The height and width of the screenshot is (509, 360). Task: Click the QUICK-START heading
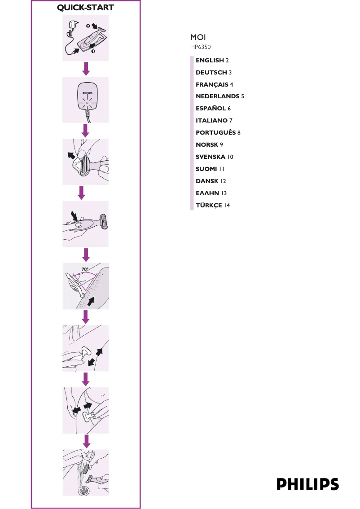pos(86,8)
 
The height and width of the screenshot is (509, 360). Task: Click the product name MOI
pos(198,37)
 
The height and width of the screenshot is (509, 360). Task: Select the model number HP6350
pos(200,46)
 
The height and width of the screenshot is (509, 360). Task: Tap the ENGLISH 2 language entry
pos(212,60)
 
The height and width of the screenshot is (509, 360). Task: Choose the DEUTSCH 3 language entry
pos(213,72)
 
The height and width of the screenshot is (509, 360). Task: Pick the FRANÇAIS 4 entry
pos(214,84)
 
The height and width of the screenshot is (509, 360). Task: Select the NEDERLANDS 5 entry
pos(220,97)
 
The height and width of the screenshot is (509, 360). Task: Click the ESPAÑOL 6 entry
pos(213,109)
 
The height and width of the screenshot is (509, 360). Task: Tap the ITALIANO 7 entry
pos(214,121)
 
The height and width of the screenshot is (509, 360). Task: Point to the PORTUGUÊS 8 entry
pos(218,133)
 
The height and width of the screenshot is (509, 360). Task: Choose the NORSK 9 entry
pos(209,145)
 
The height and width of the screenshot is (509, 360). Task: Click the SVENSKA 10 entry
pos(214,157)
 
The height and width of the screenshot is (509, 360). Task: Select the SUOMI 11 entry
pos(210,169)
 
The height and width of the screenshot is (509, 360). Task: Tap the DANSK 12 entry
pos(211,181)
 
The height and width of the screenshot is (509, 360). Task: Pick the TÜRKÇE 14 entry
pos(212,206)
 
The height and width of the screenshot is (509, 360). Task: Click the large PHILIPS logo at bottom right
pos(307,484)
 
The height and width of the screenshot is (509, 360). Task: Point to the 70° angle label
pos(85,269)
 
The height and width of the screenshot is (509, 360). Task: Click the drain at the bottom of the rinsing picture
pos(84,491)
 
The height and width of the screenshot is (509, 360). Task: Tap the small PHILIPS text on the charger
pos(87,93)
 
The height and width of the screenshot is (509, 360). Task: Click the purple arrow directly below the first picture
pos(86,68)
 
